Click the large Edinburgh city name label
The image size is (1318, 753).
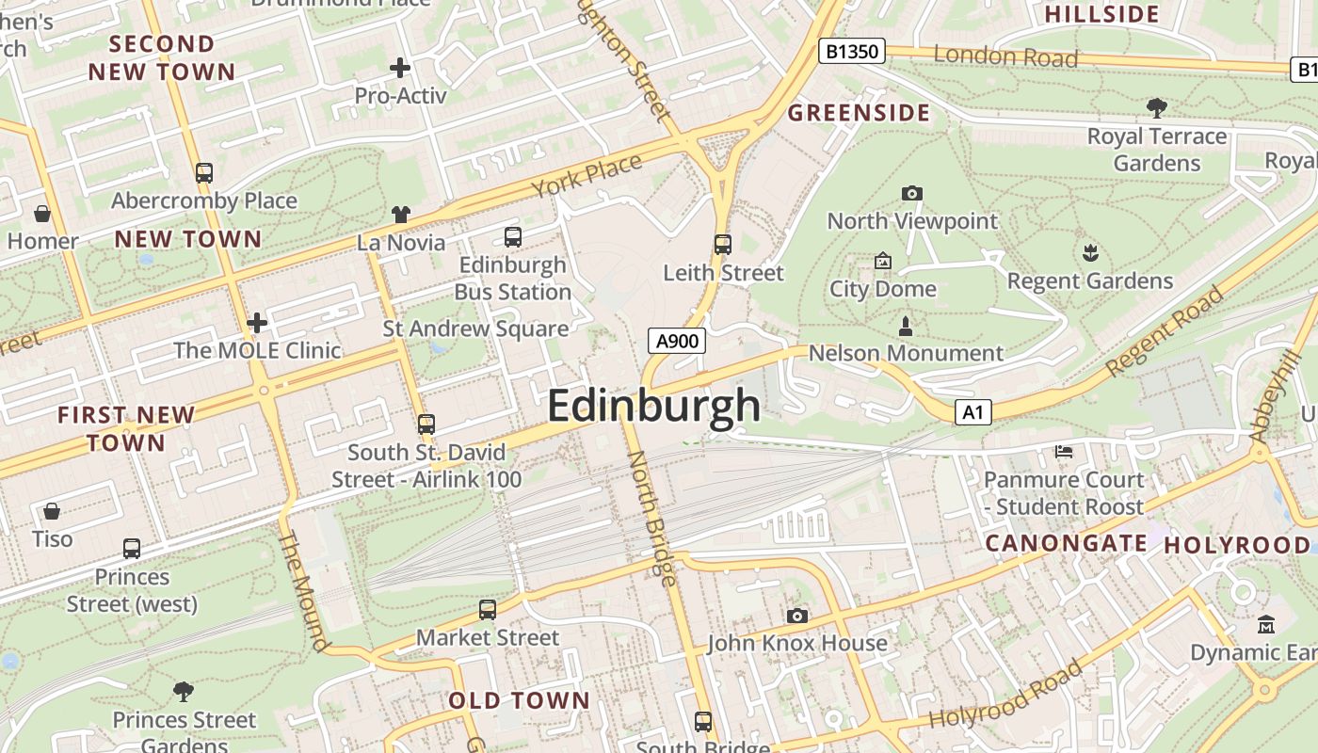(653, 406)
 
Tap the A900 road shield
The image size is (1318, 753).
(677, 341)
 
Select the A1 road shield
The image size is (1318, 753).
(973, 412)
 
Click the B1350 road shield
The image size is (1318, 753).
(851, 51)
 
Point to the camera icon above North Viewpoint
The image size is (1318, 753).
(911, 193)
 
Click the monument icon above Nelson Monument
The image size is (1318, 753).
(906, 327)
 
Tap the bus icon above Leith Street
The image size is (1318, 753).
(723, 245)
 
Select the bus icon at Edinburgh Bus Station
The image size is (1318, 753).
(513, 237)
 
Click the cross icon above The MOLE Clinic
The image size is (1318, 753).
(257, 324)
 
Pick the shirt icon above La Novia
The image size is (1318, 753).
(401, 215)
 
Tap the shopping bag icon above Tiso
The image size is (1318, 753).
(52, 511)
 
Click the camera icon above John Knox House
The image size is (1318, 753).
(797, 616)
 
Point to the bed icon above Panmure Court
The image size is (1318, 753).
(1064, 452)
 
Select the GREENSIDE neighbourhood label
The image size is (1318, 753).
(859, 114)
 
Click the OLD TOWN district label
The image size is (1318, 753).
(519, 700)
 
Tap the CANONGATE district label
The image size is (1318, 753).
(1066, 543)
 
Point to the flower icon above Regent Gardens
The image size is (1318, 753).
(1090, 252)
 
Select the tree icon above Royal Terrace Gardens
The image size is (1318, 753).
(1157, 107)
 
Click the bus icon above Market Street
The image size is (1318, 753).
(488, 610)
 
